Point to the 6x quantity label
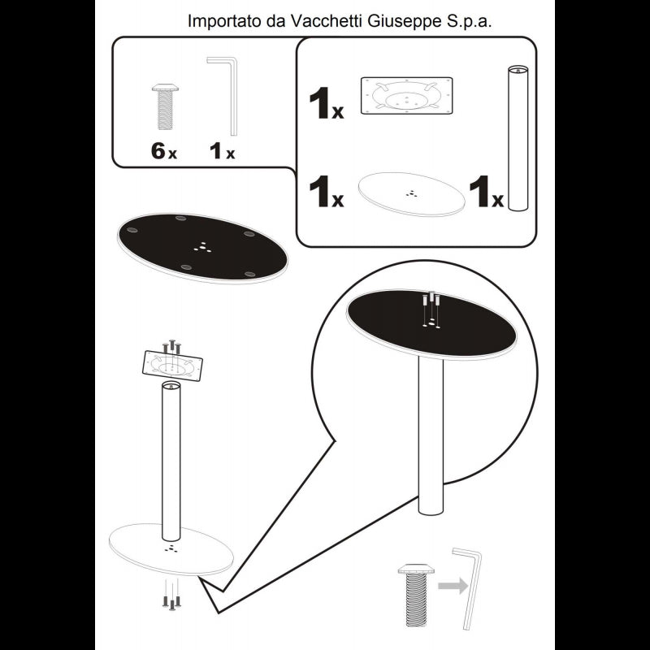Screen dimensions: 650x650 tap(164, 150)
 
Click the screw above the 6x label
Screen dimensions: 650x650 tap(165, 106)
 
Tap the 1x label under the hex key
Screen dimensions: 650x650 tap(222, 151)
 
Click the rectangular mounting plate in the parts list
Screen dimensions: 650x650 tap(407, 95)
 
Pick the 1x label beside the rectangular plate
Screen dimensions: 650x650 tap(327, 103)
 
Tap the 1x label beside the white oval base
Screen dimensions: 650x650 tap(327, 191)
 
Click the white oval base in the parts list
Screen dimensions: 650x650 tap(411, 194)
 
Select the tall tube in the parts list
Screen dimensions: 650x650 tap(518, 138)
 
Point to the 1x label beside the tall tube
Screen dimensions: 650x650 tap(486, 191)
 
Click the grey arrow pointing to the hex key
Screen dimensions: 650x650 tap(453, 586)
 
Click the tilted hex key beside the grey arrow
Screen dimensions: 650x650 tap(470, 588)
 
